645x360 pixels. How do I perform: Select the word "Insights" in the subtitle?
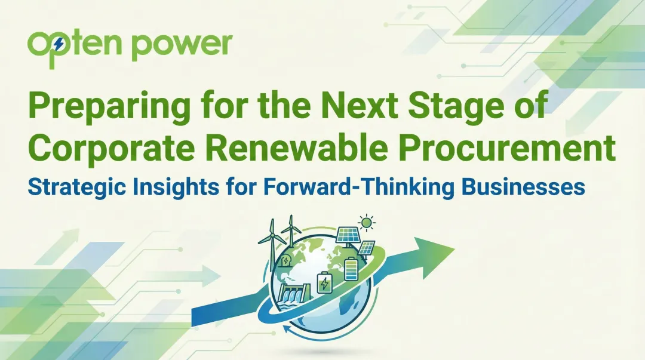189,186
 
